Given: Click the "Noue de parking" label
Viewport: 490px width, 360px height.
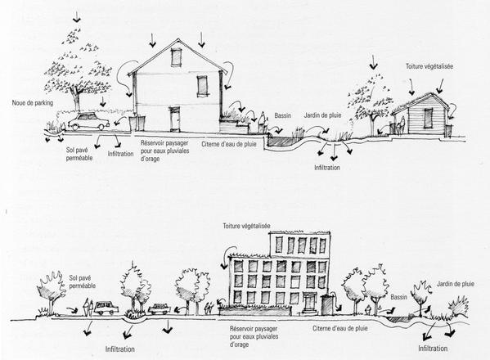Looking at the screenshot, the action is (33, 103).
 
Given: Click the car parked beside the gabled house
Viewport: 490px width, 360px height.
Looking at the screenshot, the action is (88, 122).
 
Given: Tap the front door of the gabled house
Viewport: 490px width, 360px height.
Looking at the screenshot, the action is (175, 119).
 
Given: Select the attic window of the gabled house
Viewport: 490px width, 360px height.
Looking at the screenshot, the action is (176, 57).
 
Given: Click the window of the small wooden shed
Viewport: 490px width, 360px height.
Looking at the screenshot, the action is (429, 118).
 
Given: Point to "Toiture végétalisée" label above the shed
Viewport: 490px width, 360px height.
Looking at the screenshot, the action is (429, 66).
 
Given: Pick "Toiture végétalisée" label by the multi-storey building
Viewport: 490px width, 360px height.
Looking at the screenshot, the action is (246, 226).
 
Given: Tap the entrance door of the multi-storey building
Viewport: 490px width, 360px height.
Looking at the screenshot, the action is (308, 302).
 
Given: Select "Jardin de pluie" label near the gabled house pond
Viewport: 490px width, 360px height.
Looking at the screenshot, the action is (322, 115).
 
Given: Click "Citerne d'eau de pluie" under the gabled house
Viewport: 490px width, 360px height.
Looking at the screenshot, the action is (229, 144).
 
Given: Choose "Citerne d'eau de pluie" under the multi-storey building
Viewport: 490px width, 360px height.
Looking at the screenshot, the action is (340, 328).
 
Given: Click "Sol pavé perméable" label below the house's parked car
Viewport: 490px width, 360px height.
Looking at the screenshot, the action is (79, 154).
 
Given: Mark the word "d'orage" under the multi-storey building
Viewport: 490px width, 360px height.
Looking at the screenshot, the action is (240, 344).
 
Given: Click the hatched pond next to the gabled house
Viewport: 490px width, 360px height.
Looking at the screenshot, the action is (282, 141).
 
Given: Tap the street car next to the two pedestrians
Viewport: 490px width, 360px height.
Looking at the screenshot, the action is (106, 308).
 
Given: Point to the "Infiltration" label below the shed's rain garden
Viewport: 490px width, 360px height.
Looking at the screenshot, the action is (327, 168).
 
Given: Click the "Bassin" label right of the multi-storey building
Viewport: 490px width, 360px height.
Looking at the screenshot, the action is (398, 297).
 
